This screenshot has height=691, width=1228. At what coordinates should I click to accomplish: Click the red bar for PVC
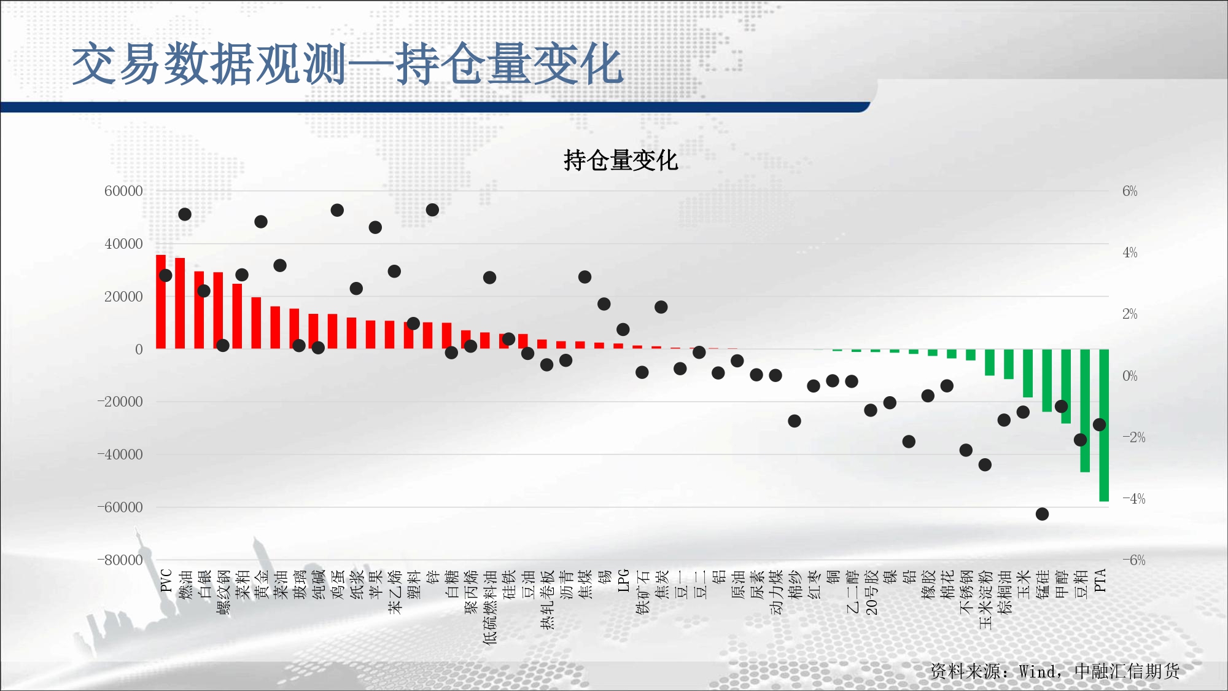[x=161, y=302]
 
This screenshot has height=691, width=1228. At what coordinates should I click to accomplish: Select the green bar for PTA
[x=1104, y=425]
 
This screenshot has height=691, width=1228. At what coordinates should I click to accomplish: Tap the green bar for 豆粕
[x=1085, y=410]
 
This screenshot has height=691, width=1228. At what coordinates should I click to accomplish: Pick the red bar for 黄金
[x=256, y=323]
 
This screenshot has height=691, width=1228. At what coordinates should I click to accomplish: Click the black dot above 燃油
[x=185, y=214]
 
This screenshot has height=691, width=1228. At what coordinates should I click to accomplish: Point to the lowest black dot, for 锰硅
[x=1042, y=514]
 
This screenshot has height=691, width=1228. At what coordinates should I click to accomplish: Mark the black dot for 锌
[x=432, y=210]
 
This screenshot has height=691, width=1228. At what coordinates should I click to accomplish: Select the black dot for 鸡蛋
[x=337, y=210]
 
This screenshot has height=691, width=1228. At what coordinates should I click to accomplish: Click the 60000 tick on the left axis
[x=123, y=191]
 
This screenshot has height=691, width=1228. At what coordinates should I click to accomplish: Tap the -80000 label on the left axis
[x=120, y=560]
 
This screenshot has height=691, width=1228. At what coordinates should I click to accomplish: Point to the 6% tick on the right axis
[x=1130, y=191]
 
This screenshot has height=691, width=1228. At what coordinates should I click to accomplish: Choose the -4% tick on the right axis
[x=1134, y=499]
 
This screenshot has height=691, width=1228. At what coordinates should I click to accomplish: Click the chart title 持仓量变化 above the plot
[x=621, y=160]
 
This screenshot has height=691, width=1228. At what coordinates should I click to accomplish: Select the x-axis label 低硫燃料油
[x=490, y=607]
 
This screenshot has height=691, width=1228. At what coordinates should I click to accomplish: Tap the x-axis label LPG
[x=623, y=580]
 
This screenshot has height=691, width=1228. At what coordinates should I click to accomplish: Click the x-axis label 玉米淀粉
[x=985, y=599]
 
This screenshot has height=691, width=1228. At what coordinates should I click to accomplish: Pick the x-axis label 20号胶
[x=871, y=592]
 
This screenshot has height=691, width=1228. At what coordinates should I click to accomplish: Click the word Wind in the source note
[x=1038, y=671]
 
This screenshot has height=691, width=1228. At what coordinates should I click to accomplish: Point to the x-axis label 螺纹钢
[x=223, y=592]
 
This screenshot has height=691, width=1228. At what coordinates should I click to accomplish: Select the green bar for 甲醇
[x=1066, y=386]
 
